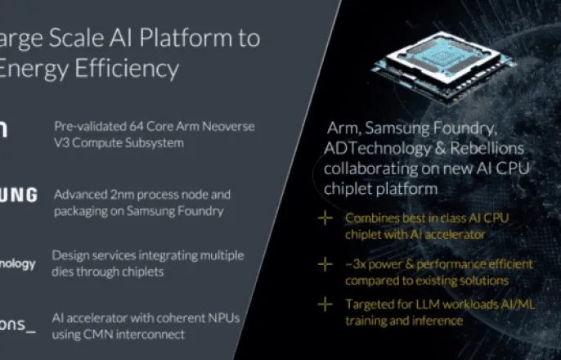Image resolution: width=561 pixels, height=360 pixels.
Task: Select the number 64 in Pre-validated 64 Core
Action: coord(131,127)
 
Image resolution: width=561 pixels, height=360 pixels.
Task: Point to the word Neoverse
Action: coord(209,127)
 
